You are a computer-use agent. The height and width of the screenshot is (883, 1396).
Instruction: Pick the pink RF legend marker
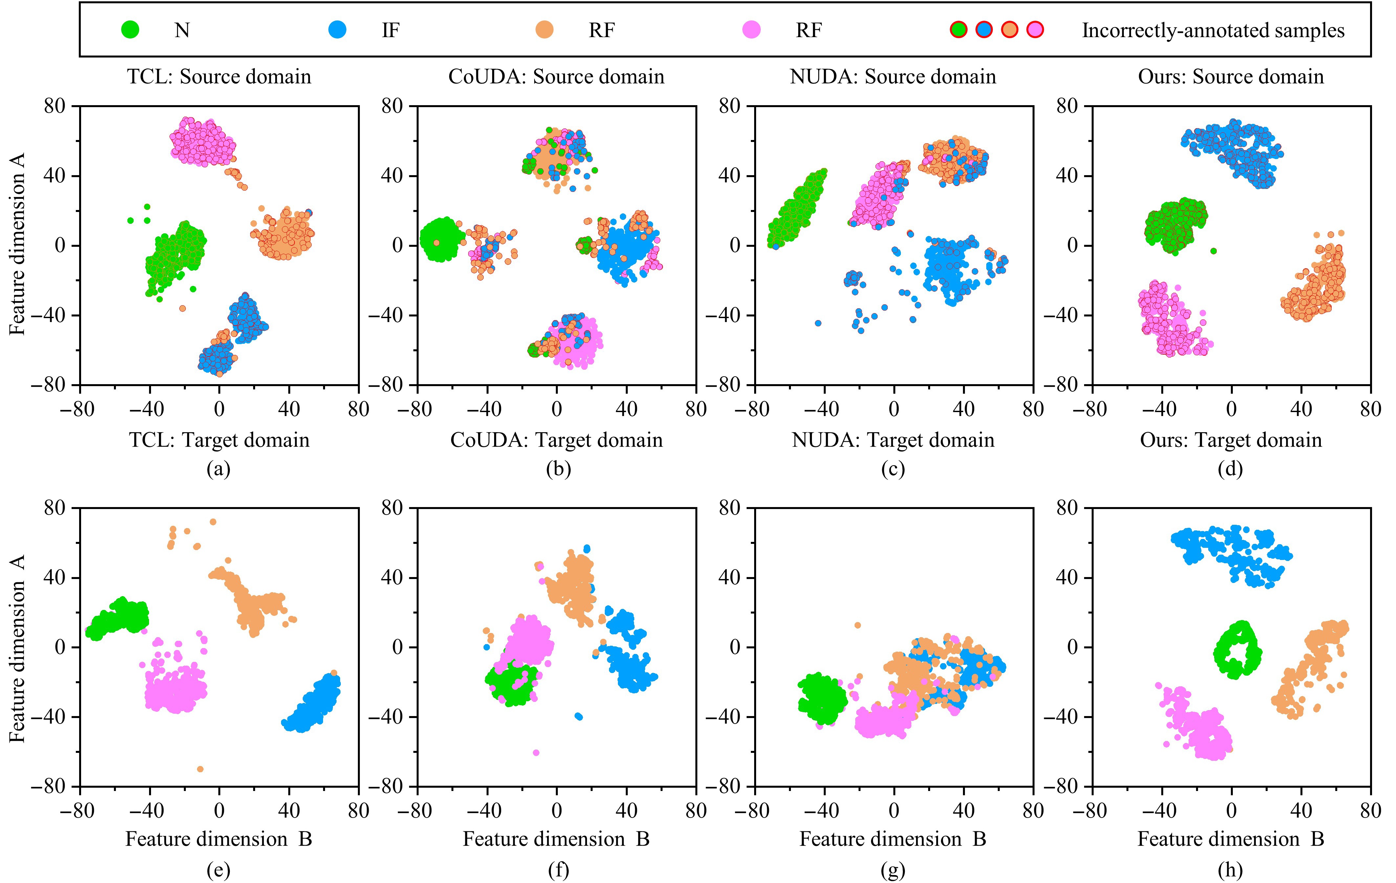[752, 30]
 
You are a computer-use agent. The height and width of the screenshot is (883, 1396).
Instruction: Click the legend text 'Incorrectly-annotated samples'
[1213, 30]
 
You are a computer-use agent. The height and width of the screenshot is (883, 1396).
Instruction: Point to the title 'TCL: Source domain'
[219, 77]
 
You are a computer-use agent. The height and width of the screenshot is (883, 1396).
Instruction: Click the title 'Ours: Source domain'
[1231, 77]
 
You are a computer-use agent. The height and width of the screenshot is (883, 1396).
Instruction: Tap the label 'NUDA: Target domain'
[893, 440]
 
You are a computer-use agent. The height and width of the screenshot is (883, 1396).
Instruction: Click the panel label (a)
[219, 469]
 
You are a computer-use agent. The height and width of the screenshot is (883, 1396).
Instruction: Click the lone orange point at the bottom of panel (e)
[200, 769]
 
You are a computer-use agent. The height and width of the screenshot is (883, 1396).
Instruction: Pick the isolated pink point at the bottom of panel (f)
[536, 753]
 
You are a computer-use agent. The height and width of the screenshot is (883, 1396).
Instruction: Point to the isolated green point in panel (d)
[1213, 251]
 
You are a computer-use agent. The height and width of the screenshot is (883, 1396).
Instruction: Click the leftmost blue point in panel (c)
[818, 323]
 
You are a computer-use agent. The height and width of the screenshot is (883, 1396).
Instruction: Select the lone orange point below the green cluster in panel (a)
[183, 309]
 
